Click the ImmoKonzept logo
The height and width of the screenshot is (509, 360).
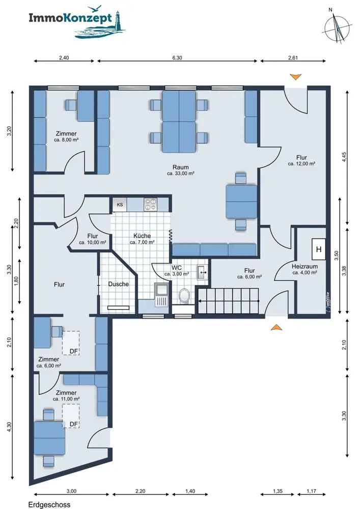click(x=77, y=22)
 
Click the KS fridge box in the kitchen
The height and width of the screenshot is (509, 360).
click(x=120, y=205)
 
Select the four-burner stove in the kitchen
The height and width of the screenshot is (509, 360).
click(x=151, y=205)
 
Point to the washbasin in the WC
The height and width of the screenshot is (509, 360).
click(x=202, y=272)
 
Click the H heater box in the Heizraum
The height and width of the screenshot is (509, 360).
click(x=319, y=249)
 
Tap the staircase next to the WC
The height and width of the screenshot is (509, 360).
click(x=229, y=301)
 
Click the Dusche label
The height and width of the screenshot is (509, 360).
click(x=119, y=284)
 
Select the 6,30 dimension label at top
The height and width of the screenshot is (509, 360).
click(x=177, y=58)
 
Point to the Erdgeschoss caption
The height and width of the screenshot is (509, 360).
click(x=49, y=505)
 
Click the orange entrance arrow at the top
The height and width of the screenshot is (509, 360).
click(x=296, y=77)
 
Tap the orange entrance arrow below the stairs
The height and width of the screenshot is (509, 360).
click(x=276, y=327)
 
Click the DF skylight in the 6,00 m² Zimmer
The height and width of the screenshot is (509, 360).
click(x=71, y=343)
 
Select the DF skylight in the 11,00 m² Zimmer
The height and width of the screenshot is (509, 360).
click(x=71, y=416)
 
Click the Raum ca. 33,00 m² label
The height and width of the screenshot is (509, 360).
click(x=180, y=170)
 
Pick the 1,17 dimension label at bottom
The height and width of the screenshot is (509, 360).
click(x=311, y=491)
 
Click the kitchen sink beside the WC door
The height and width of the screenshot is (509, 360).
click(x=161, y=295)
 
